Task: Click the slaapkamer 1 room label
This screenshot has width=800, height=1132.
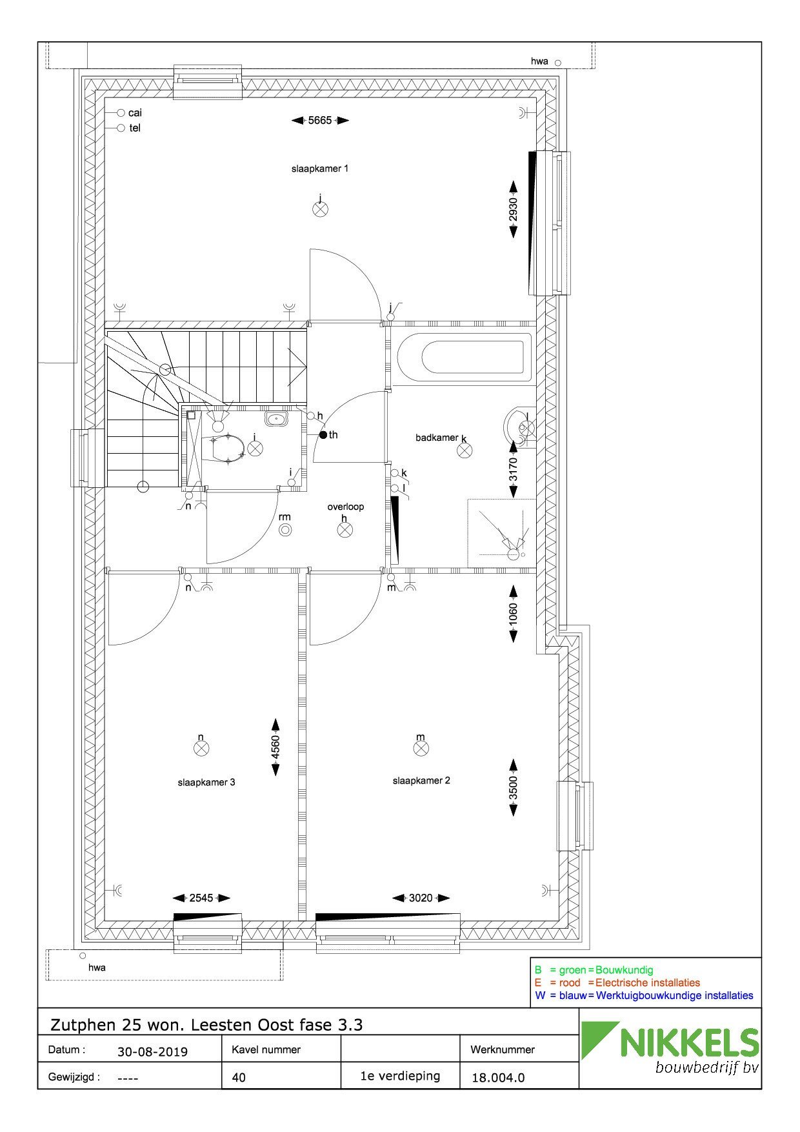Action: (x=320, y=168)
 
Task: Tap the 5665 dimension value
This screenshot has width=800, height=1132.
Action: (x=320, y=120)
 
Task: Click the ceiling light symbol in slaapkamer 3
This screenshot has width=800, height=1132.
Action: (x=201, y=748)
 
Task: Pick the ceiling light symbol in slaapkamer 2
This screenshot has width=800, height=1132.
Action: (x=421, y=748)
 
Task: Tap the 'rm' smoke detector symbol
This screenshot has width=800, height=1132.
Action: (x=285, y=530)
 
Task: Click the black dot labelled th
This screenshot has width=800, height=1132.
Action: (x=323, y=434)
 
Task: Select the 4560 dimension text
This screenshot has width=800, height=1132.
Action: (x=275, y=747)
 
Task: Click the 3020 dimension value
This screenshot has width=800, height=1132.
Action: (x=421, y=898)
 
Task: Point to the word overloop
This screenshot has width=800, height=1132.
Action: (x=345, y=507)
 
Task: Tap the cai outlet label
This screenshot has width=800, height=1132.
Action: (x=135, y=113)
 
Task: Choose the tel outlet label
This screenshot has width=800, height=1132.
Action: (x=135, y=128)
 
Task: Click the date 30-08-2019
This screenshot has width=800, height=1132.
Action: (x=152, y=1052)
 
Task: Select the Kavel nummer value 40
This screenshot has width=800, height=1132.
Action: (x=239, y=1077)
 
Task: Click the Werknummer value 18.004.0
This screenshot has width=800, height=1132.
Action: (x=498, y=1077)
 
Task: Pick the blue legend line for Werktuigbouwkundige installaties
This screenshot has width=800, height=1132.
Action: (x=644, y=995)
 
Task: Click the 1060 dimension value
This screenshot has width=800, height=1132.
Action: (x=514, y=613)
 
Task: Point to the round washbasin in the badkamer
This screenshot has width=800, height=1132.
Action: (x=519, y=426)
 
